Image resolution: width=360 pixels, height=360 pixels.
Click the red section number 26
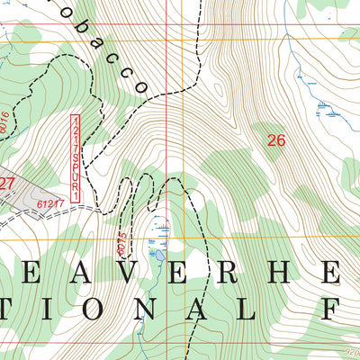[276, 139]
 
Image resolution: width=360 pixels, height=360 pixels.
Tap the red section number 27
[7, 183]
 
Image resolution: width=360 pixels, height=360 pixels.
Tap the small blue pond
[159, 256]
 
